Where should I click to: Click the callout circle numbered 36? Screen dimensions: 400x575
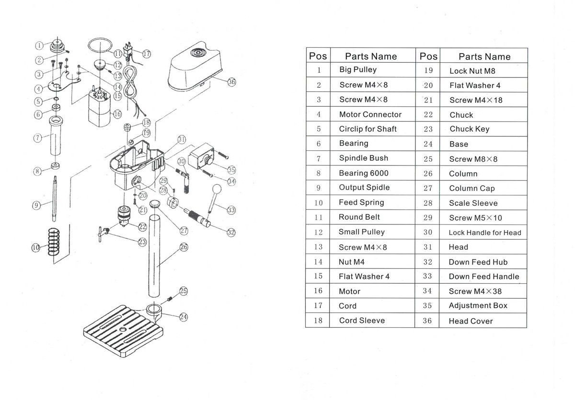tap(231, 82)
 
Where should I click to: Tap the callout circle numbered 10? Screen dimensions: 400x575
tap(35, 247)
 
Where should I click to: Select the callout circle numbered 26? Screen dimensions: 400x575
tap(184, 247)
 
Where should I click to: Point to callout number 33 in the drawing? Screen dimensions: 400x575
tap(231, 210)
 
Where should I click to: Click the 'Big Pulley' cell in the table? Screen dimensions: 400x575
tap(357, 70)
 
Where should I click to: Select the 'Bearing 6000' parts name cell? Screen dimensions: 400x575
tap(364, 173)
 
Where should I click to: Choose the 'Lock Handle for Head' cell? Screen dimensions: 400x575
tap(484, 233)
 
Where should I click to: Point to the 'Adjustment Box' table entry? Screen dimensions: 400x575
tap(478, 306)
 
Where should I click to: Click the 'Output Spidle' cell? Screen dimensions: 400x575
tap(364, 188)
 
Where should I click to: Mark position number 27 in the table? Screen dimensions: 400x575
tap(427, 189)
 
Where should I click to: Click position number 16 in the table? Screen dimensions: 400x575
tap(318, 291)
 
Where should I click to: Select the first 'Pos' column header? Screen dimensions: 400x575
tap(318, 56)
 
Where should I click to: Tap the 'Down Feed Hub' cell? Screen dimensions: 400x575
tap(478, 262)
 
